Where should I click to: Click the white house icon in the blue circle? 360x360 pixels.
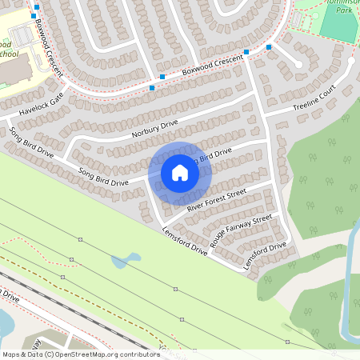pyautogui.click(x=180, y=172)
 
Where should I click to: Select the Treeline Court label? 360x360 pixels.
pyautogui.click(x=313, y=103)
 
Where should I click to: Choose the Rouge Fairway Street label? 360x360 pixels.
pyautogui.click(x=241, y=230)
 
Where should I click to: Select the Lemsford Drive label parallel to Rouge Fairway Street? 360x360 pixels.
pyautogui.click(x=266, y=256)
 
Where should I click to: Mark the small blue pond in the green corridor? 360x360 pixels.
pyautogui.click(x=126, y=261)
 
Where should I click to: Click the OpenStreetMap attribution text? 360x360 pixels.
pyautogui.click(x=81, y=354)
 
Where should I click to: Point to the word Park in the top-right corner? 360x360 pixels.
pyautogui.click(x=344, y=11)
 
